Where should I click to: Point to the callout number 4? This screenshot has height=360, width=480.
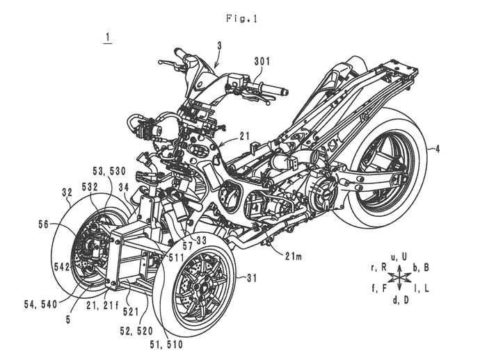(438, 147)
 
